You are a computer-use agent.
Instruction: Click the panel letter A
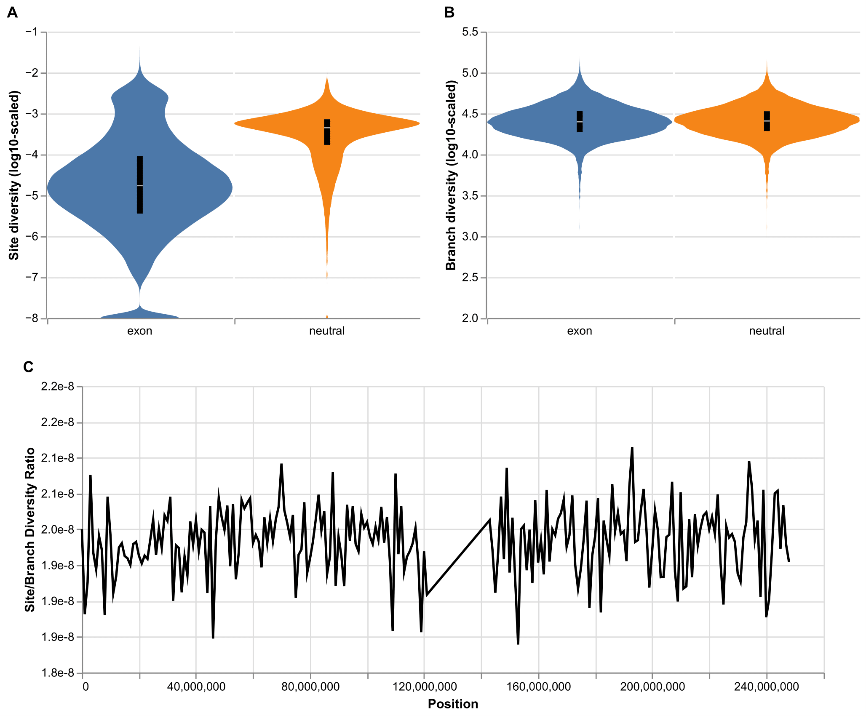(x=13, y=13)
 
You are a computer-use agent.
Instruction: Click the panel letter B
(x=449, y=13)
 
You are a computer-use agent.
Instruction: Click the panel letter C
(x=28, y=367)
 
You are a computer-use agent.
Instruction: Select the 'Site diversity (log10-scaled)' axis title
(x=14, y=175)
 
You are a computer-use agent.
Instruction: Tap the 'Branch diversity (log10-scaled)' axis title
(x=451, y=175)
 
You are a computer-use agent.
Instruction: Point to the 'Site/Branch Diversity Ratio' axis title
(x=30, y=530)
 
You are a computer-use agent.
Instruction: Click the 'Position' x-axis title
(x=453, y=704)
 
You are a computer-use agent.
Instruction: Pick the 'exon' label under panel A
(x=140, y=331)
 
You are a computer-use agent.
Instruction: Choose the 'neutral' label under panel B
(x=767, y=331)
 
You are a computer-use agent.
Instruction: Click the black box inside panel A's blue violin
(x=140, y=185)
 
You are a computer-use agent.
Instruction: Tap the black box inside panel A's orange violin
(x=327, y=132)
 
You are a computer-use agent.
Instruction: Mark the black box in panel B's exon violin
(x=580, y=122)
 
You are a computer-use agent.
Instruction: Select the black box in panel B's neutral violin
(x=767, y=121)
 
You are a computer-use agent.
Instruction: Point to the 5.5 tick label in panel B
(x=470, y=32)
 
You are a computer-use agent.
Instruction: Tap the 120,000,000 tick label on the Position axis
(x=425, y=687)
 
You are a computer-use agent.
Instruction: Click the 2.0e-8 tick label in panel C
(x=57, y=530)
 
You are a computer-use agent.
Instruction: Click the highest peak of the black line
(x=632, y=448)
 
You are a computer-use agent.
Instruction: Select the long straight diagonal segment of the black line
(x=458, y=558)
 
